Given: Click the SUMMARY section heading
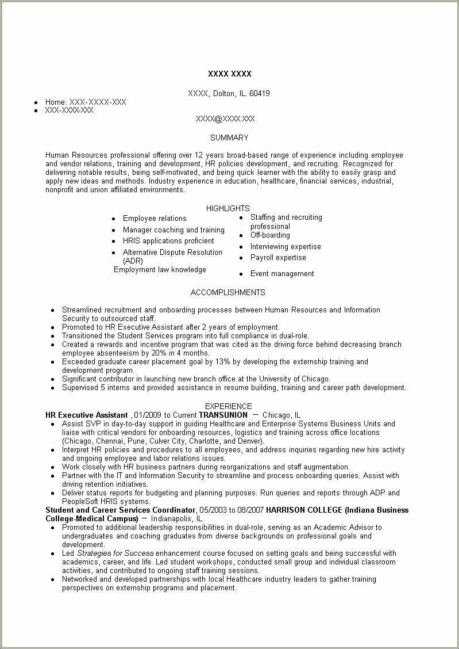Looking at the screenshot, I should pos(229,138).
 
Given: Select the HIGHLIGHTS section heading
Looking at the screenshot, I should pos(228,208).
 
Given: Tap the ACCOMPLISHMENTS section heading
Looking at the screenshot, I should pos(228,292).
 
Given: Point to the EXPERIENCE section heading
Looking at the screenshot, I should pos(229,406).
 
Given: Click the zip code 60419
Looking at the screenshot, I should pos(260,93).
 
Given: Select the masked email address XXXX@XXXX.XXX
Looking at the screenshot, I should pos(225,119).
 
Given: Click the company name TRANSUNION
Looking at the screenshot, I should pos(223,415).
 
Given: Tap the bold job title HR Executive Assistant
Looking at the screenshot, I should pos(86,415).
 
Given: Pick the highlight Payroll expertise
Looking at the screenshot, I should pos(278,258).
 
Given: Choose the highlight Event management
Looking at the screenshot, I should pos(282,274).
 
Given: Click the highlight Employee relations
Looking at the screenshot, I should pos(155,219).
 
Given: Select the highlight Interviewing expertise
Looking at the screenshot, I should pos(286,247).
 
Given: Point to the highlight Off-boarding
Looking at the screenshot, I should pos(270,235).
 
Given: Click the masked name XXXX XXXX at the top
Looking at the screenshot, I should pos(229,74).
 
